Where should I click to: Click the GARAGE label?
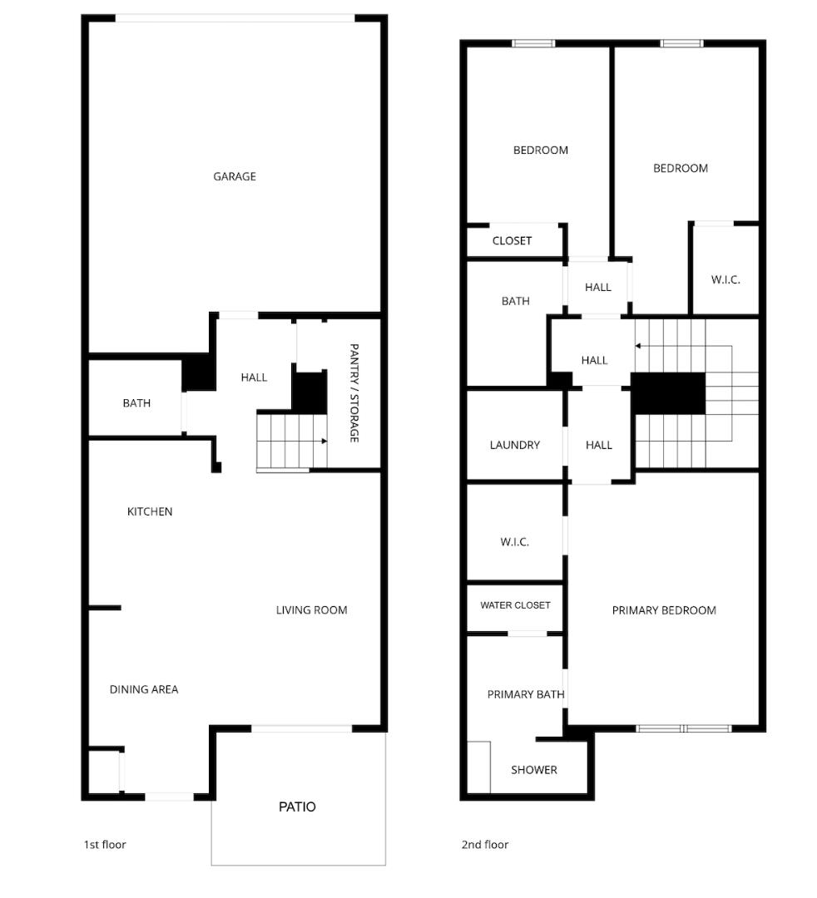coord(235,176)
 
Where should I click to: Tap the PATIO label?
coord(297,807)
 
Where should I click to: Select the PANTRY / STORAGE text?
coord(354,392)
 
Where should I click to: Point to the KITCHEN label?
coord(150,511)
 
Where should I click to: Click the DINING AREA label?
coord(144,689)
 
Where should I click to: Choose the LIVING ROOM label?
coord(311,610)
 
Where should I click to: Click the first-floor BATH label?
coord(136,403)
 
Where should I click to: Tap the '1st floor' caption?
coord(105,845)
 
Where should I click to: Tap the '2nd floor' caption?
coord(485,845)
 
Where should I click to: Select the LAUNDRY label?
coord(514,445)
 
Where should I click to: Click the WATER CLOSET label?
coord(515,605)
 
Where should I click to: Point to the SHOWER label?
coord(534,770)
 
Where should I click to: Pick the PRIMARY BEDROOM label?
coord(664,610)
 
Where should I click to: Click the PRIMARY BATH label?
coord(526,694)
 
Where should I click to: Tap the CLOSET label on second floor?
coord(512,241)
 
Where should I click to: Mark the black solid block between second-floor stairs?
coord(668,393)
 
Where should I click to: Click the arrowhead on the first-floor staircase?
coord(324,442)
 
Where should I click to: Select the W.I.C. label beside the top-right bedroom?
coord(725,280)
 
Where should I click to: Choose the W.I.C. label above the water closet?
coord(514,542)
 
